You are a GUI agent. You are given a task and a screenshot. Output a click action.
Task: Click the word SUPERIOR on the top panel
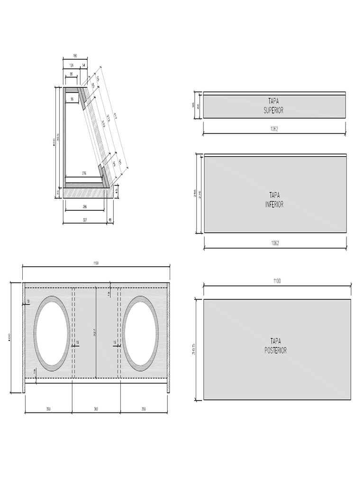coord(274,110)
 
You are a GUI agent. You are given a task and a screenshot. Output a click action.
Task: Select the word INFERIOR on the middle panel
coord(274,205)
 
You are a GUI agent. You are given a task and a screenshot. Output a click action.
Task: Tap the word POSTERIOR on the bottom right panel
coord(276,351)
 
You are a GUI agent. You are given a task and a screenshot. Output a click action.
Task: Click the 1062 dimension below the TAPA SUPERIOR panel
coord(274,130)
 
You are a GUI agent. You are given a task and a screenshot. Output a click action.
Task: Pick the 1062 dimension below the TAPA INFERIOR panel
coord(275,243)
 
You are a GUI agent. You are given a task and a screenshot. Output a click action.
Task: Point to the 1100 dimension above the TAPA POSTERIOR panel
coord(277,281)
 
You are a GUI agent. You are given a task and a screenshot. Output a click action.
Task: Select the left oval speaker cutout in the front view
coord(52,333)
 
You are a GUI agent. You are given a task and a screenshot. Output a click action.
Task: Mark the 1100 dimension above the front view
coord(96,263)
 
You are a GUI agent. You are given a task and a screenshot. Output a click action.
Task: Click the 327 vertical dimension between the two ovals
coord(94,333)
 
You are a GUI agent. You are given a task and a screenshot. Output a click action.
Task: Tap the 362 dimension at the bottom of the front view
coord(96,409)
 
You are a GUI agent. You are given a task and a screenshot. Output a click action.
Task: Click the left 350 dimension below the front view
coord(48,409)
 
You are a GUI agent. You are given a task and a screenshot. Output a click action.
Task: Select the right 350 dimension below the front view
coord(144,409)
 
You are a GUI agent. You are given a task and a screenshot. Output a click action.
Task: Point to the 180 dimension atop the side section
coord(74,56)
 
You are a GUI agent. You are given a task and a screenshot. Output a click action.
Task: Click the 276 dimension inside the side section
coord(84,173)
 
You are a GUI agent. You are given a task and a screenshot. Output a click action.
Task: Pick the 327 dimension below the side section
coord(85,220)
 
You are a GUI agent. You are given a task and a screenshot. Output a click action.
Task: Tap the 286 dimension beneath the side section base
coord(84,207)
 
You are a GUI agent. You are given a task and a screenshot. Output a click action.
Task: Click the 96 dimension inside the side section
coord(72,99)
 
